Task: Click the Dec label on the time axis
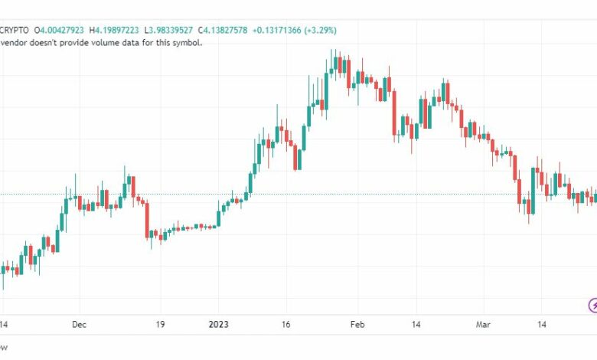click(80, 325)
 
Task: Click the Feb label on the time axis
click(357, 325)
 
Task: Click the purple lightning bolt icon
click(593, 306)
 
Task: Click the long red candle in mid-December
click(146, 220)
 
